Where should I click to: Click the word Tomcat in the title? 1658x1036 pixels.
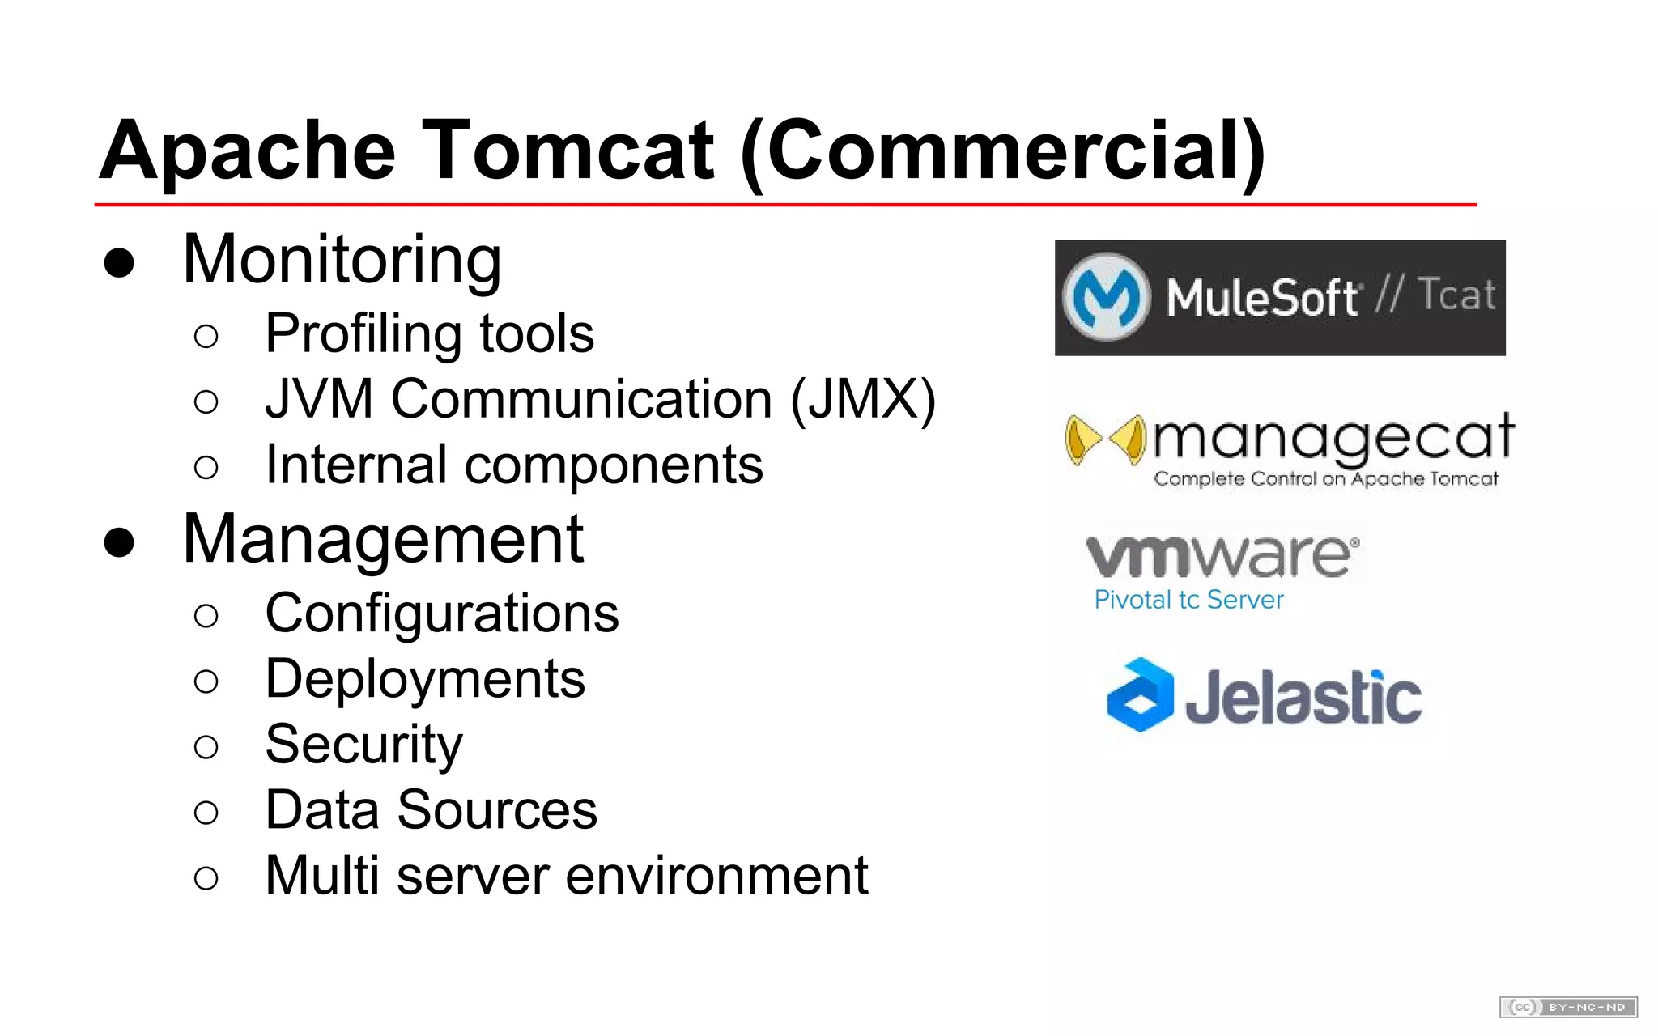pyautogui.click(x=568, y=151)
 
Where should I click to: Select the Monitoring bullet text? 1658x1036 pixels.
pyautogui.click(x=342, y=261)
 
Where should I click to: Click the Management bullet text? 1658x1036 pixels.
pyautogui.click(x=383, y=540)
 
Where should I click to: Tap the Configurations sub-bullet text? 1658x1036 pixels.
pyautogui.click(x=442, y=614)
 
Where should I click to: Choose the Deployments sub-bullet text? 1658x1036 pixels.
pyautogui.click(x=425, y=679)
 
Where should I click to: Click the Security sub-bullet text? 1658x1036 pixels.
pyautogui.click(x=364, y=745)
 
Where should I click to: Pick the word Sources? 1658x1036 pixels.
pyautogui.click(x=497, y=810)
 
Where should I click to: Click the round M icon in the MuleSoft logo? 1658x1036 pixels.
pyautogui.click(x=1106, y=297)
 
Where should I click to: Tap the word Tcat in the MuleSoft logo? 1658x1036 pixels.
pyautogui.click(x=1456, y=295)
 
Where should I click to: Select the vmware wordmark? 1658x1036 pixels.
pyautogui.click(x=1221, y=556)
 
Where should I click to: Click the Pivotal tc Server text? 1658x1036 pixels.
pyautogui.click(x=1188, y=600)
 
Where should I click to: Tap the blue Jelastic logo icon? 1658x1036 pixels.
pyautogui.click(x=1141, y=695)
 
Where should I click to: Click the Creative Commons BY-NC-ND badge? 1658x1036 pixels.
pyautogui.click(x=1568, y=1007)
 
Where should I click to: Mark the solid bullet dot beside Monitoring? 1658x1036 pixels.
pyautogui.click(x=119, y=263)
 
